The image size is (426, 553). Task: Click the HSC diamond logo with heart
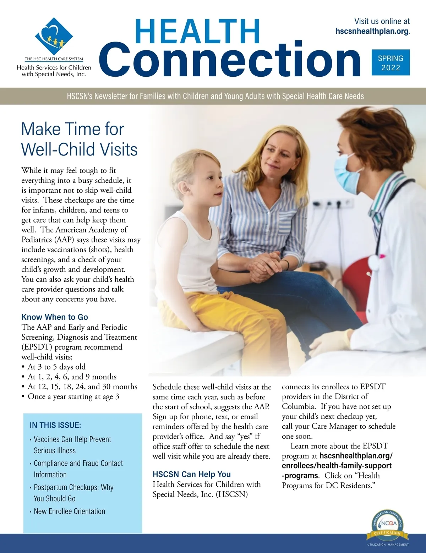54,36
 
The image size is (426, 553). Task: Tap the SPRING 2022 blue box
390,62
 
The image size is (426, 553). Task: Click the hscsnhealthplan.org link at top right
372,31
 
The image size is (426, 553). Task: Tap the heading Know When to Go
55,317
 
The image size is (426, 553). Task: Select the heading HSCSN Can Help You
192,474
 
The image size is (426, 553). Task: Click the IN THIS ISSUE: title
55,425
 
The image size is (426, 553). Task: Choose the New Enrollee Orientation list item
69,511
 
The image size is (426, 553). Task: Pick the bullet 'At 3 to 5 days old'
56,367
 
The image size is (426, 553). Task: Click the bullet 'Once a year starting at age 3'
73,396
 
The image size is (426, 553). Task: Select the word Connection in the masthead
229,60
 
